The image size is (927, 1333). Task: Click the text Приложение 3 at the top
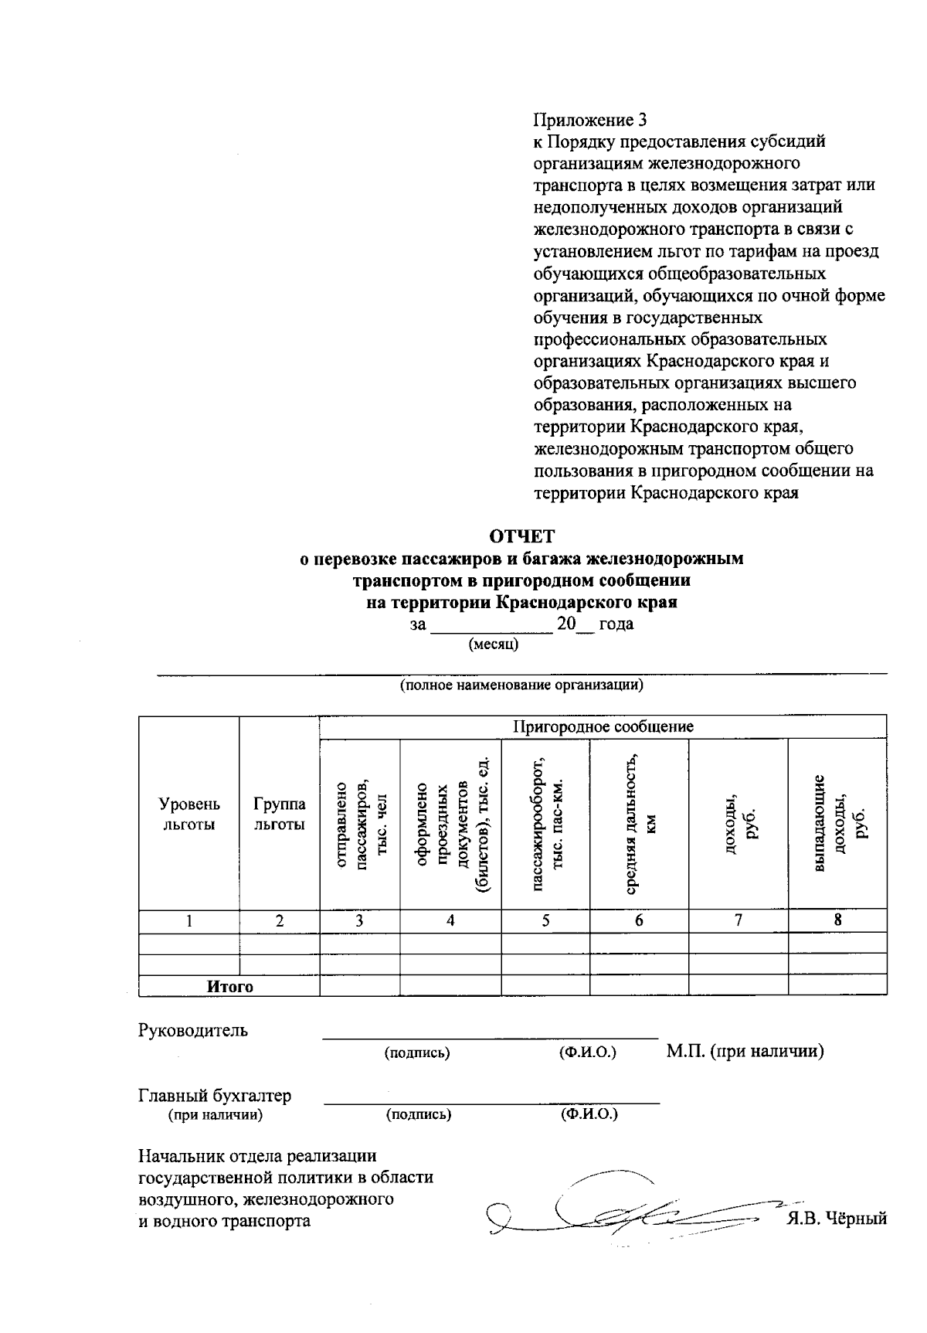[x=589, y=120]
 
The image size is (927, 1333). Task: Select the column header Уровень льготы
[x=188, y=814]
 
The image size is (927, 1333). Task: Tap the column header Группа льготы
[x=279, y=814]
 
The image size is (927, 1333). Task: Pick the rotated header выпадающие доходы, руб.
[x=838, y=824]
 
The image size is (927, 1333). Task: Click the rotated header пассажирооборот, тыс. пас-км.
[x=545, y=824]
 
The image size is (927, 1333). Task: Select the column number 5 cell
[x=545, y=920]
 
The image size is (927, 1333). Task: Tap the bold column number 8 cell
[x=837, y=920]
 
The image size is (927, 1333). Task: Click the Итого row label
[x=229, y=986]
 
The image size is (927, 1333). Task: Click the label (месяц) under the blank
[x=494, y=644]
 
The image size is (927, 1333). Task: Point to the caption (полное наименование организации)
[x=521, y=685]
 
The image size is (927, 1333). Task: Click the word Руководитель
[x=193, y=1030]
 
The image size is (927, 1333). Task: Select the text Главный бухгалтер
[x=215, y=1095]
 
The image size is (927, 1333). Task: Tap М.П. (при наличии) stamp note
[x=745, y=1051]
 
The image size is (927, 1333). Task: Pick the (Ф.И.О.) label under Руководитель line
[x=587, y=1052]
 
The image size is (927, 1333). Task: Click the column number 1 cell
[x=188, y=920]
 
